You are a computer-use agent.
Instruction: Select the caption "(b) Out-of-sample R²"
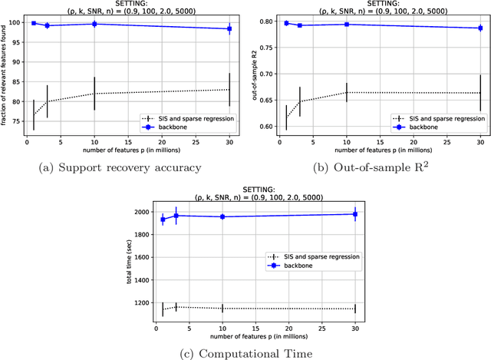click(371, 167)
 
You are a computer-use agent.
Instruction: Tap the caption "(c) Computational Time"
click(245, 352)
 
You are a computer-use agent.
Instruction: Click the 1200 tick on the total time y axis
click(138, 302)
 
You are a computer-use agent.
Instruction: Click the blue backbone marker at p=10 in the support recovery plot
click(94, 24)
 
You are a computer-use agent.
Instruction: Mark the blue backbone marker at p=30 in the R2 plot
click(480, 28)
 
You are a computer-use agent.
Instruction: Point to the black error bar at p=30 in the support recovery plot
click(229, 90)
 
